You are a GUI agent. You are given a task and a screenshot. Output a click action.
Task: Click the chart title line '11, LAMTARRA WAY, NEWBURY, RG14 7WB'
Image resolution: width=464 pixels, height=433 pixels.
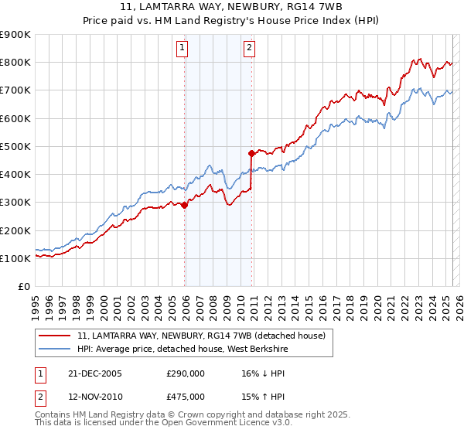[231, 7]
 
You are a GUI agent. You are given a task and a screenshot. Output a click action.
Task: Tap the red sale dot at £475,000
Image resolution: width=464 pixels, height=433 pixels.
[251, 153]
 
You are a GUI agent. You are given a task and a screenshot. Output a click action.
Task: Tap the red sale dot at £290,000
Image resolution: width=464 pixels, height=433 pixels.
[185, 205]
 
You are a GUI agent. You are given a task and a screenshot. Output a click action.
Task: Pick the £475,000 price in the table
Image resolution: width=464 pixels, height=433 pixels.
[185, 396]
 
